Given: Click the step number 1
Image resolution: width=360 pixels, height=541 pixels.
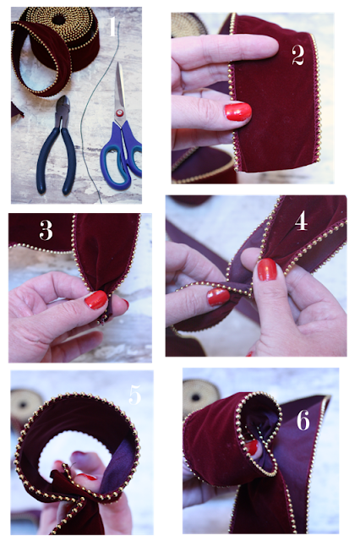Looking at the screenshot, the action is (112, 26).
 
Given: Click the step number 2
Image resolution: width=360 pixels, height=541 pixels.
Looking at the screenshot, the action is (298, 55).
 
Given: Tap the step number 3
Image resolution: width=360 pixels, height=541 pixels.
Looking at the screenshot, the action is (46, 230).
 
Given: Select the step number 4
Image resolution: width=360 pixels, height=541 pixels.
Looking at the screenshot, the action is (301, 221).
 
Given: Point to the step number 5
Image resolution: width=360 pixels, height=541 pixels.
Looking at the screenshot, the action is (135, 395).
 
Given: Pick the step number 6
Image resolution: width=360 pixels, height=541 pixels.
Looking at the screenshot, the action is (303, 420).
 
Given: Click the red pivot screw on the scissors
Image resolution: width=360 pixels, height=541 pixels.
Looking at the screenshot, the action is (120, 112).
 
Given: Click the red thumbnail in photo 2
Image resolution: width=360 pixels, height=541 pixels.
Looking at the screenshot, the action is (237, 112).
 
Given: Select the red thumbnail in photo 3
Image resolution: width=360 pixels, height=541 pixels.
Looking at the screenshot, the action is (95, 299).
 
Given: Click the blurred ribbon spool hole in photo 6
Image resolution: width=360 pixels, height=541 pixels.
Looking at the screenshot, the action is (195, 397).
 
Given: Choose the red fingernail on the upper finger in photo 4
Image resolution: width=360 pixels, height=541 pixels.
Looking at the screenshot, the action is (267, 269).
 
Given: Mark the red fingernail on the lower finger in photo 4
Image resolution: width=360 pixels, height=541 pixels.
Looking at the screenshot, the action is (218, 297).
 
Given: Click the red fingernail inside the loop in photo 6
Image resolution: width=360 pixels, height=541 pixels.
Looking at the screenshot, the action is (253, 447).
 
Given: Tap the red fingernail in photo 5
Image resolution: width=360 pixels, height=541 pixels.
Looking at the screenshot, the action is (87, 477).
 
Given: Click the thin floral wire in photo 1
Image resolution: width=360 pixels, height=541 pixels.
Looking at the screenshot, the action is (92, 114).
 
